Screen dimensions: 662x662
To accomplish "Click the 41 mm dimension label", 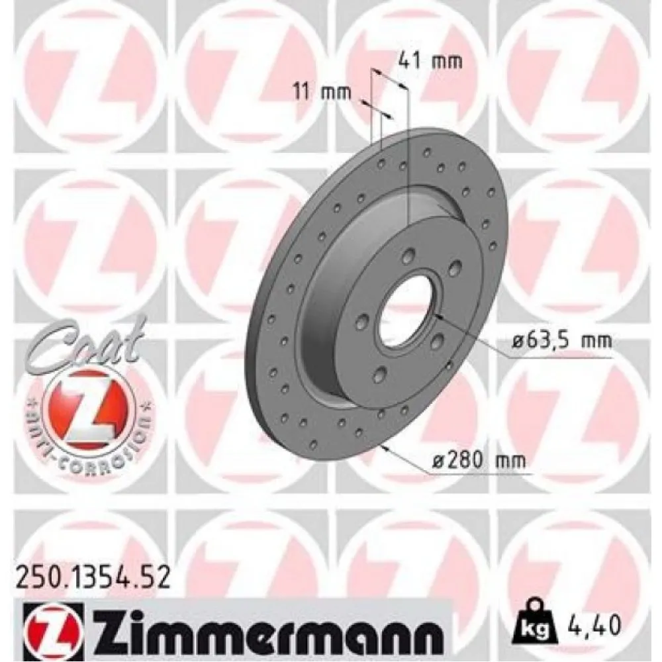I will [429, 62].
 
